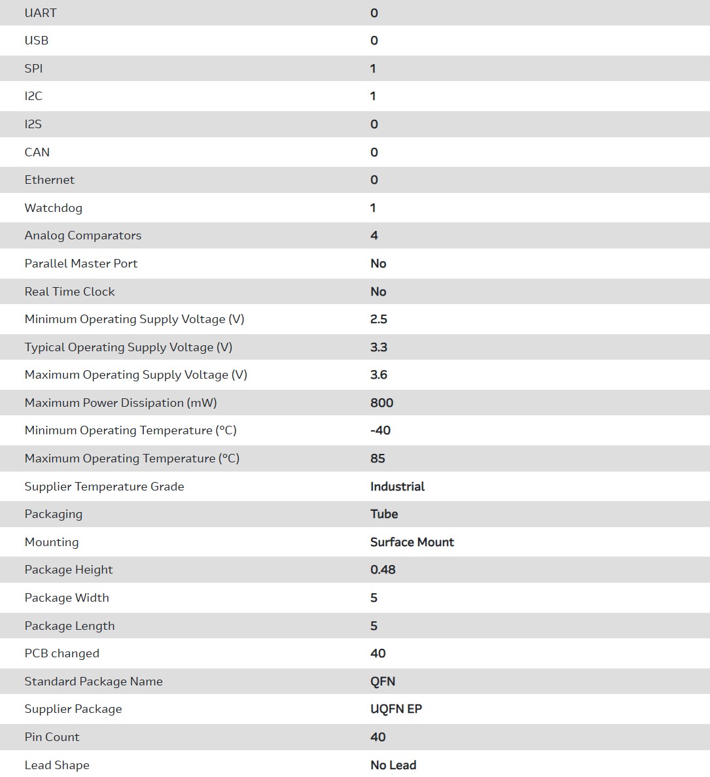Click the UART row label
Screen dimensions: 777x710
[41, 13]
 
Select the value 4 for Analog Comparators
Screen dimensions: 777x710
[374, 235]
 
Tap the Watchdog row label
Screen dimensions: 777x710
[54, 208]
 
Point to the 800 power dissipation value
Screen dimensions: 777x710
[382, 403]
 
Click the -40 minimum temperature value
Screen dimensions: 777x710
[380, 430]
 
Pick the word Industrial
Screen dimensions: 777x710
[397, 487]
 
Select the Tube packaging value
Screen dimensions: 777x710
[384, 514]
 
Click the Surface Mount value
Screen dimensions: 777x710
[412, 542]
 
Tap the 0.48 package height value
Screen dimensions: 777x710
[383, 570]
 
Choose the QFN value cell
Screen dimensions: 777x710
[383, 682]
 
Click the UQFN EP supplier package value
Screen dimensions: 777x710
[396, 709]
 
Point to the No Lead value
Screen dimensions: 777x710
[393, 765]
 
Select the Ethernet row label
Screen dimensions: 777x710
[50, 180]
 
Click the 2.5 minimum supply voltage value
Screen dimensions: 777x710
[379, 319]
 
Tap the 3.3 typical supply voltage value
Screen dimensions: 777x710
[379, 347]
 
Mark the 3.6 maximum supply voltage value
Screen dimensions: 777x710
[379, 375]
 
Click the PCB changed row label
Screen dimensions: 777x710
[62, 653]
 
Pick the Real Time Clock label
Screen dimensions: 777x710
[70, 292]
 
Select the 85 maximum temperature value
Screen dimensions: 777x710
[378, 458]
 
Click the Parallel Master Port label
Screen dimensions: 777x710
[81, 264]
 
